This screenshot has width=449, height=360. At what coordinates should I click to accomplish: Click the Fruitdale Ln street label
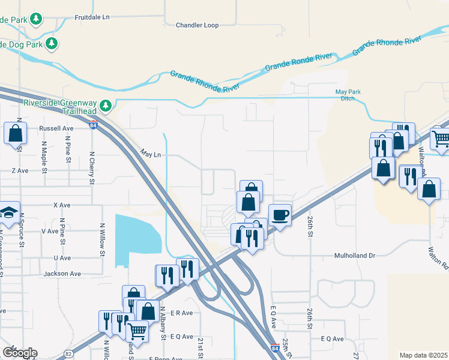(92, 17)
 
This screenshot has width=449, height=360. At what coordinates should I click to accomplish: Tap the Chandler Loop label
(197, 25)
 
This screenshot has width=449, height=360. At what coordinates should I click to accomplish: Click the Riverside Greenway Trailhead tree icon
(106, 106)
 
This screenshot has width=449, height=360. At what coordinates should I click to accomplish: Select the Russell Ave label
(56, 128)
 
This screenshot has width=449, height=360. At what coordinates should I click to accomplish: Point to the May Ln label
(151, 154)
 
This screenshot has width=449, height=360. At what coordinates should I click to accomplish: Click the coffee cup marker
(280, 214)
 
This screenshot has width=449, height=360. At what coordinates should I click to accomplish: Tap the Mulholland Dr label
(354, 256)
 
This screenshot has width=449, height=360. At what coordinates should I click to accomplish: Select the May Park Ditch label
(349, 95)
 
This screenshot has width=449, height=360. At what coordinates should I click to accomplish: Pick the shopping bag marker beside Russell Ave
(15, 133)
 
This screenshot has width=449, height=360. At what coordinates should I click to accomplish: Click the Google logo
(20, 352)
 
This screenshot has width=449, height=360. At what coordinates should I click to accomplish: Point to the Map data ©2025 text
(424, 355)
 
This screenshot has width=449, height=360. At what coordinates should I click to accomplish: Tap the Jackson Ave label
(62, 274)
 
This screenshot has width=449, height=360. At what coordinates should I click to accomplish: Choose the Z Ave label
(20, 170)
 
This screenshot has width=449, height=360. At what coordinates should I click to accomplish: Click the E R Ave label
(181, 313)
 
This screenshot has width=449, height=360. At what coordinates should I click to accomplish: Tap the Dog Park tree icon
(52, 43)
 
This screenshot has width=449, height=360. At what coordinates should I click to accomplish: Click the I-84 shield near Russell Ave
(93, 125)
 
